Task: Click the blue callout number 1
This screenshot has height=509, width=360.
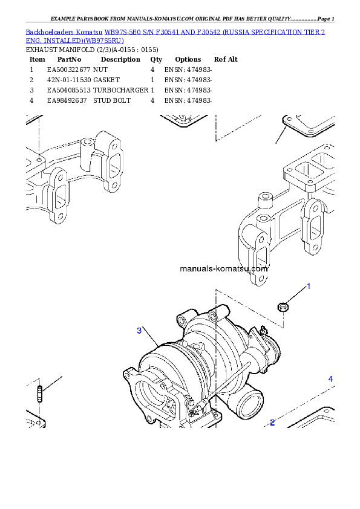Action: (x=309, y=286)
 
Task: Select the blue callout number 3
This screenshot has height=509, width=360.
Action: (x=139, y=331)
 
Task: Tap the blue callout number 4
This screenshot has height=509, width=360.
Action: (x=330, y=379)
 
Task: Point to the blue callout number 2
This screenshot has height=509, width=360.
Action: (x=272, y=423)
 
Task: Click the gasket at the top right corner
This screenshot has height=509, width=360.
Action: (x=307, y=125)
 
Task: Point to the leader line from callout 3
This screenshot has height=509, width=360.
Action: (x=151, y=337)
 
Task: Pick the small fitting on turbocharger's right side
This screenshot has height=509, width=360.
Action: (x=264, y=331)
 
